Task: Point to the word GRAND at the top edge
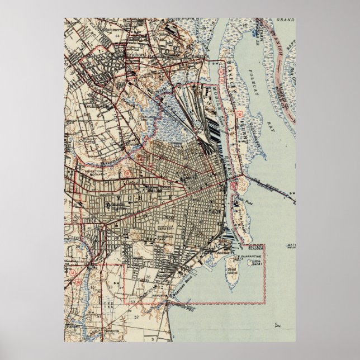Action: (x=285, y=20)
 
